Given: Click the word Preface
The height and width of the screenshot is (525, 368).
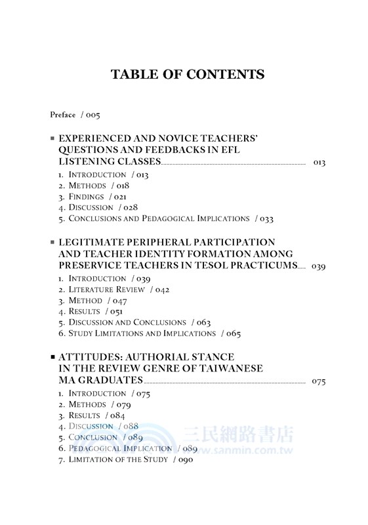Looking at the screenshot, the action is (63, 115).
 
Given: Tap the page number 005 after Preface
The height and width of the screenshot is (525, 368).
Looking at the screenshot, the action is (92, 115).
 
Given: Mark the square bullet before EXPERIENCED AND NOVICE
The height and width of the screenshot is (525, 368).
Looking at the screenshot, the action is (52, 139).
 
